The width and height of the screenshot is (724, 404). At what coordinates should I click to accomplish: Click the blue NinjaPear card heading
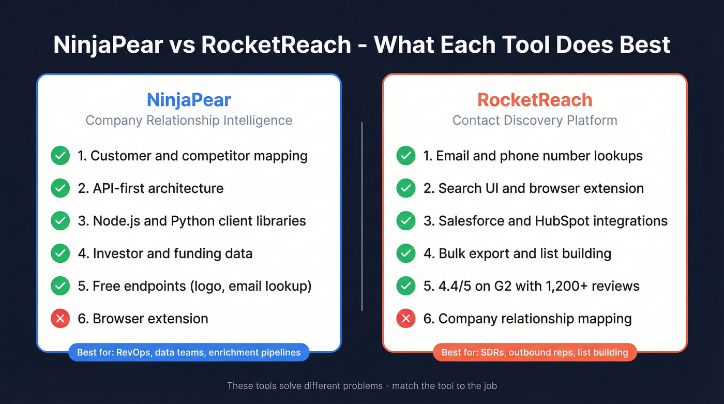click(x=189, y=99)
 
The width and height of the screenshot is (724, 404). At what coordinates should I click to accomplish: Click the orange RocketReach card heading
click(x=535, y=99)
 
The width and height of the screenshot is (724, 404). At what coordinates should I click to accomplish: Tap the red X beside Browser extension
click(x=60, y=319)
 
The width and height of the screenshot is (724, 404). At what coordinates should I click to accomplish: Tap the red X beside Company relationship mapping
click(x=406, y=319)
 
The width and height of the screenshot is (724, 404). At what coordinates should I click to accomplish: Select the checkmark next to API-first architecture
click(x=60, y=188)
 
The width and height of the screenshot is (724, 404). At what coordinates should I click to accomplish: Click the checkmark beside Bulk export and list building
click(x=406, y=253)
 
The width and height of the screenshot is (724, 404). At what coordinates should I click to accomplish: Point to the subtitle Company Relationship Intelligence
click(x=189, y=121)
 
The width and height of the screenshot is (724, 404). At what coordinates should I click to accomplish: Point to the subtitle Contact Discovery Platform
click(x=535, y=121)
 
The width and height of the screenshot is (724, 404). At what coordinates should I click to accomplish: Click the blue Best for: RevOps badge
click(x=189, y=353)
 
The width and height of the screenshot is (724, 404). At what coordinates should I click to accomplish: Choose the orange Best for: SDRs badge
click(x=535, y=353)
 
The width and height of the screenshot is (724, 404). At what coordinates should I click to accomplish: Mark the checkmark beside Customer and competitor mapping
click(x=60, y=156)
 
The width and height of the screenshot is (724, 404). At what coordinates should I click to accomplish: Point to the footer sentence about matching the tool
click(x=362, y=386)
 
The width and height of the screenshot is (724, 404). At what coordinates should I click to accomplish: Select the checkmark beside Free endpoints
click(x=60, y=286)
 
